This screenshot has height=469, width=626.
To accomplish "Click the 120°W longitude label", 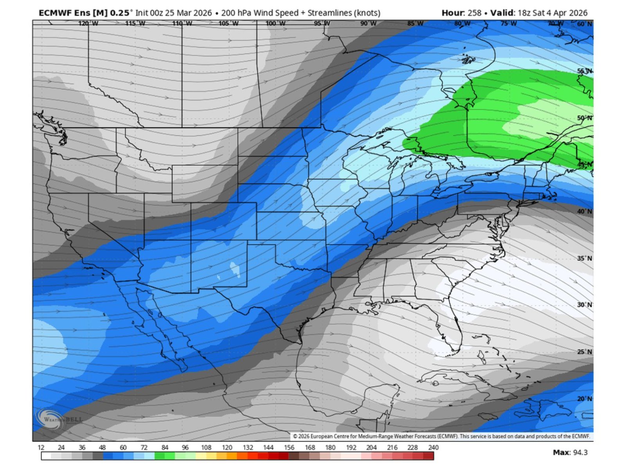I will [88, 23].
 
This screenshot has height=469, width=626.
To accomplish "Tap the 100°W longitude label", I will [275, 23].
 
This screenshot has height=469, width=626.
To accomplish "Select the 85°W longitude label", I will [415, 23].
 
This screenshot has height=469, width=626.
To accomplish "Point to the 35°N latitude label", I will [585, 258].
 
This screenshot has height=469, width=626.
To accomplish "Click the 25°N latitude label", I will [585, 352].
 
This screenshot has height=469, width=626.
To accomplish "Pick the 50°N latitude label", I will [585, 118].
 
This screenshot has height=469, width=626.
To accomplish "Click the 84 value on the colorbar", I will [165, 447].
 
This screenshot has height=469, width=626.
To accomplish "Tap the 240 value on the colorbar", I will [433, 447].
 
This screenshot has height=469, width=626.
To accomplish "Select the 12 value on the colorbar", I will [41, 447].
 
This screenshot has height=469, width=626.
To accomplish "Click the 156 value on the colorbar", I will [289, 447].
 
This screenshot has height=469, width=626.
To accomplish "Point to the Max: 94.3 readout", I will [570, 453].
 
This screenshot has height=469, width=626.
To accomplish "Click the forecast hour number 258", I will [474, 13].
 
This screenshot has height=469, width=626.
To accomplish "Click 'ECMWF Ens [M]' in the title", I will [73, 13].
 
